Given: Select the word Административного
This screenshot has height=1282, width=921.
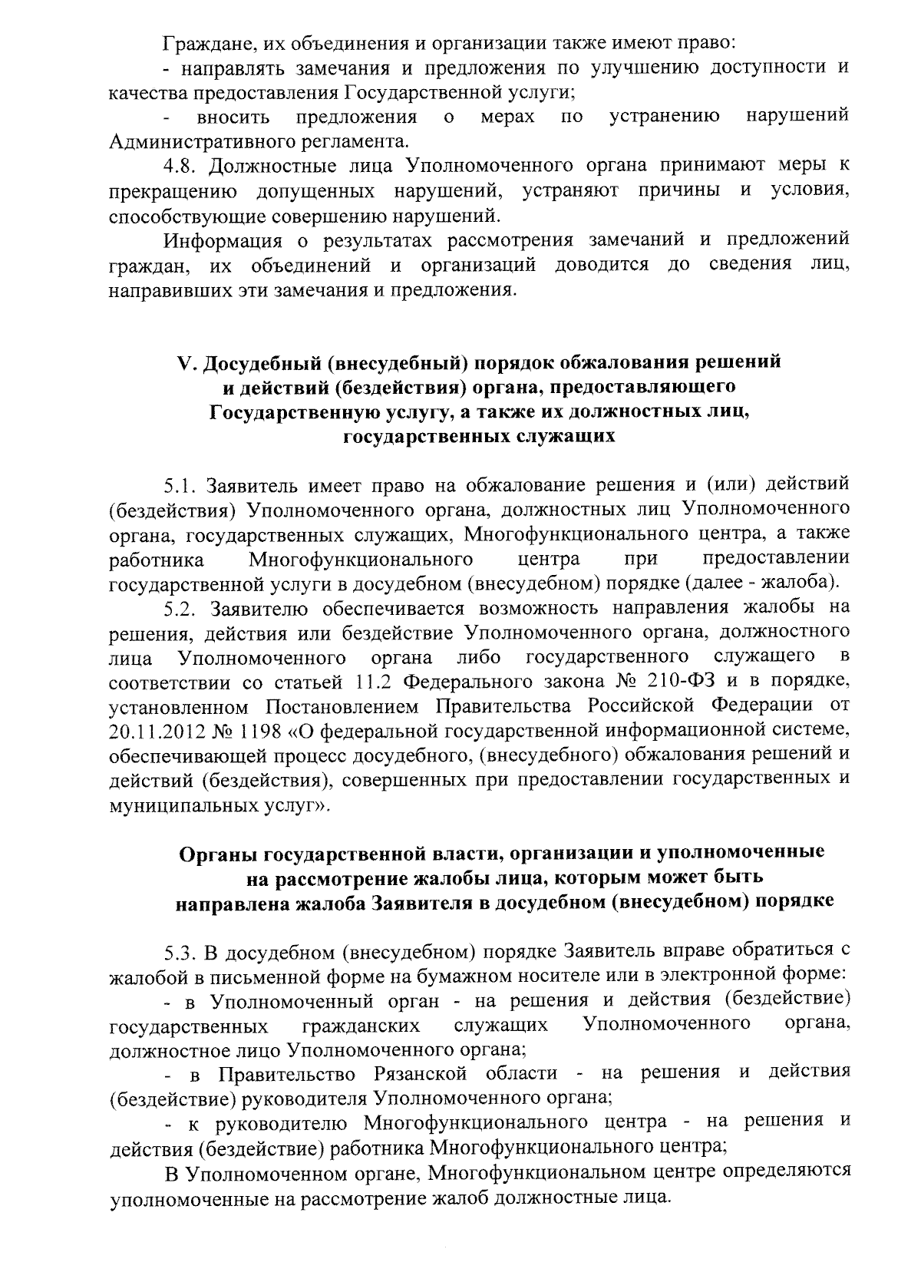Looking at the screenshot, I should point(185,142).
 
